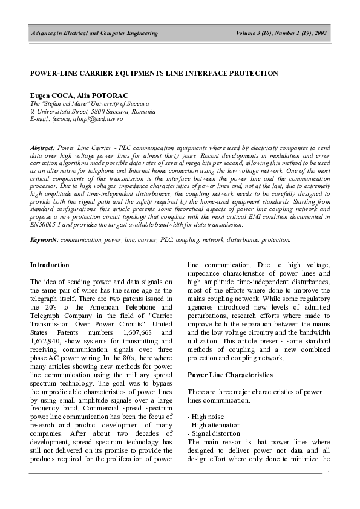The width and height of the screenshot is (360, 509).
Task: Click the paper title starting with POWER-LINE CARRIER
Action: click(154, 73)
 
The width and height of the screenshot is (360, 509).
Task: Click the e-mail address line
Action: click(76, 119)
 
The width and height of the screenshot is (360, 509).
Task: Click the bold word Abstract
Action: click(42, 148)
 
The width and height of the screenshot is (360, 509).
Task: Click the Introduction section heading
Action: click(50, 265)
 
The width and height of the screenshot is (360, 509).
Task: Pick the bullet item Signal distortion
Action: click(212, 434)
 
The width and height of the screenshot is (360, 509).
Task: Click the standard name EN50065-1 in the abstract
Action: click(49, 224)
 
